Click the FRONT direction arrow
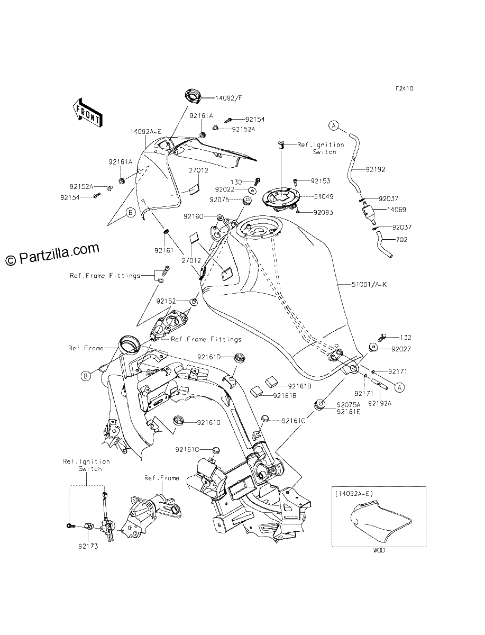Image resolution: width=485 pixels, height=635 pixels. (x=87, y=113)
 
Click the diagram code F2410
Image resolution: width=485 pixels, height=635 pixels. (x=405, y=88)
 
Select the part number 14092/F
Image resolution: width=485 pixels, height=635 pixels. (x=228, y=98)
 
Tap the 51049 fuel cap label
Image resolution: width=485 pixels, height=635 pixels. (x=324, y=196)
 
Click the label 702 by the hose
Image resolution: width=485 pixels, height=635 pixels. (x=402, y=240)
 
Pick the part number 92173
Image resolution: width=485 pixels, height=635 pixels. (x=88, y=546)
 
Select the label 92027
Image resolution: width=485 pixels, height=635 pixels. (x=401, y=349)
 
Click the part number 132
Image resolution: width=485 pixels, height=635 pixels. (x=406, y=337)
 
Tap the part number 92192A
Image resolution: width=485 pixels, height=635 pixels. (x=380, y=403)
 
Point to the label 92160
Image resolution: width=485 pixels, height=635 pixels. (x=194, y=216)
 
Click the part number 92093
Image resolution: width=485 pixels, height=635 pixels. (x=323, y=213)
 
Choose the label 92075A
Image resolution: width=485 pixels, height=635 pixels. (x=349, y=405)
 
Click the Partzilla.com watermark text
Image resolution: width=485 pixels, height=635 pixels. (x=52, y=254)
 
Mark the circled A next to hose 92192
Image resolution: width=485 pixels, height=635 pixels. (x=334, y=125)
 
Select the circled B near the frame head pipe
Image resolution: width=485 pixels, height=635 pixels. (x=86, y=376)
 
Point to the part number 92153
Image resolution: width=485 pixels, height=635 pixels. (x=321, y=181)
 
